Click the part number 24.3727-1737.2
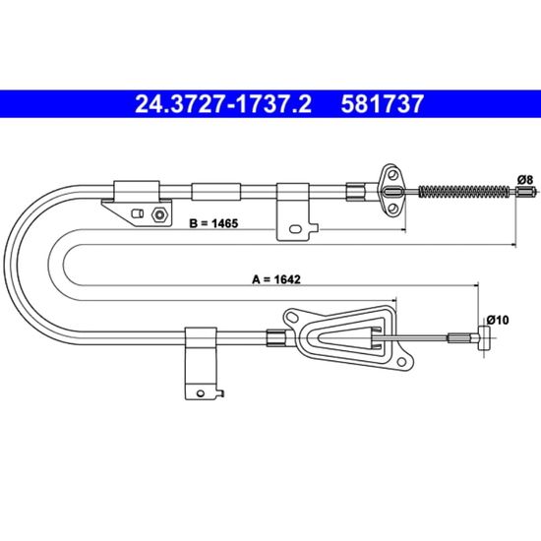pyautogui.click(x=223, y=104)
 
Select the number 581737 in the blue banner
pyautogui.click(x=382, y=104)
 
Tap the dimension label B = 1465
pyautogui.click(x=213, y=223)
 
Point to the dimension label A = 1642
pyautogui.click(x=276, y=279)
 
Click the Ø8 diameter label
pyautogui.click(x=524, y=179)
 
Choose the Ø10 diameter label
pyautogui.click(x=497, y=321)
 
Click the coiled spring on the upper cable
pyautogui.click(x=464, y=192)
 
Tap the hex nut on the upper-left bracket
pyautogui.click(x=159, y=215)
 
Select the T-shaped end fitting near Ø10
pyautogui.click(x=485, y=337)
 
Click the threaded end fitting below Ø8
pyautogui.click(x=526, y=191)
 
